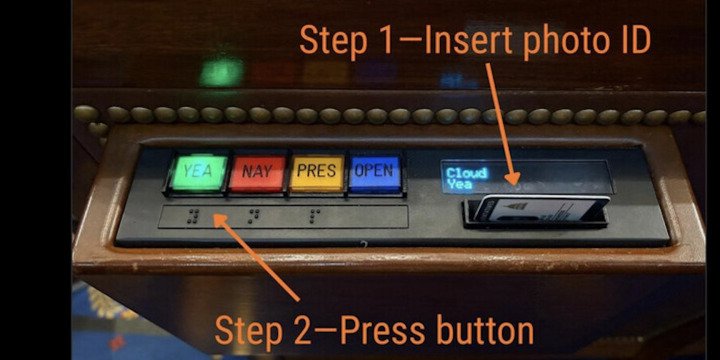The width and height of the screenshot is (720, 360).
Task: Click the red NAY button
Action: click(x=257, y=173)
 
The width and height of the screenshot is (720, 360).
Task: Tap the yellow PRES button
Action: click(x=317, y=173)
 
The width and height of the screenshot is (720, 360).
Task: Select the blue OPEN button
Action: click(x=375, y=173)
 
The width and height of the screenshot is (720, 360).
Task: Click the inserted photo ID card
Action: click(x=542, y=209)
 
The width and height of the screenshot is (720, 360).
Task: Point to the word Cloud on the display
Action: click(x=467, y=173)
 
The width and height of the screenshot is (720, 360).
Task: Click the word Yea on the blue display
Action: click(x=459, y=185)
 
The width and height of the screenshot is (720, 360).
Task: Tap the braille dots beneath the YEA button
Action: click(x=193, y=216)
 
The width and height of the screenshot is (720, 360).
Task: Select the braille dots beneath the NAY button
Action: click(x=254, y=216)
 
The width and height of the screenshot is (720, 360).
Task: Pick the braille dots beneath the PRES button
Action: click(x=315, y=215)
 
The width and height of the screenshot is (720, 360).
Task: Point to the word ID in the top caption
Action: click(x=635, y=40)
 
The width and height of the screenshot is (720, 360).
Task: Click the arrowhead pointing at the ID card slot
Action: click(x=513, y=178)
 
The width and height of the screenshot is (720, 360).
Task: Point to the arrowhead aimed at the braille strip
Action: click(x=222, y=222)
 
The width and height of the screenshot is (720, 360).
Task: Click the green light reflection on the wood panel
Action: click(x=221, y=71)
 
